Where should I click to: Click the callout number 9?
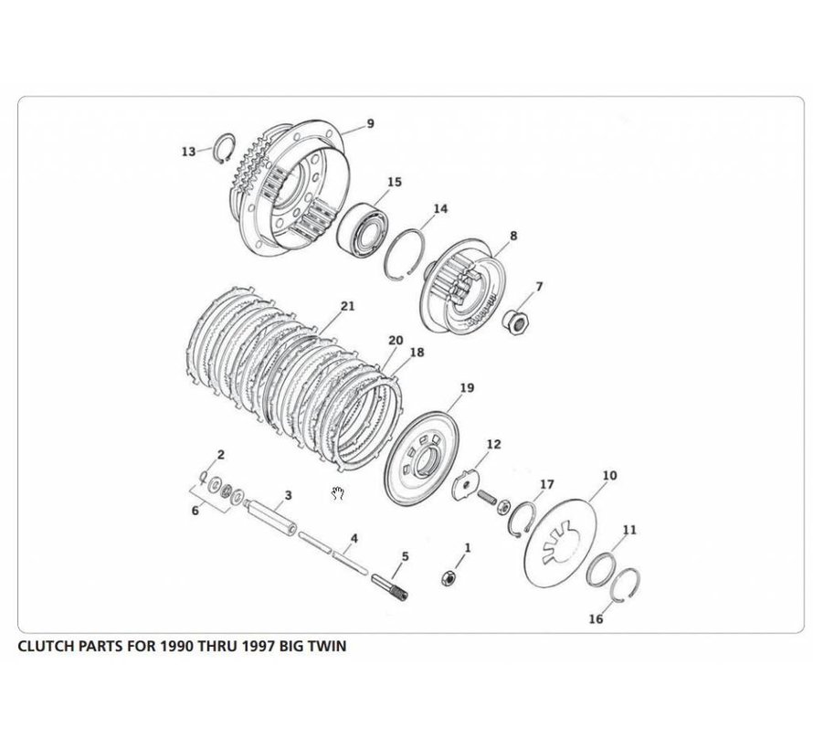tap(370, 123)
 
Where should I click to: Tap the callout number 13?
tap(188, 152)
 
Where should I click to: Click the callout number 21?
tap(346, 307)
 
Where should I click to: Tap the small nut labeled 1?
tap(449, 575)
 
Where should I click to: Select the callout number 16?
tap(596, 618)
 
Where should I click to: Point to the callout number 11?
tap(630, 530)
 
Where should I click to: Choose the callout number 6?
tap(195, 512)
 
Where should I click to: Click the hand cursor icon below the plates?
tap(338, 494)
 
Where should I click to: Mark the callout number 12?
tap(493, 445)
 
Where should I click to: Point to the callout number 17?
tap(547, 483)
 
